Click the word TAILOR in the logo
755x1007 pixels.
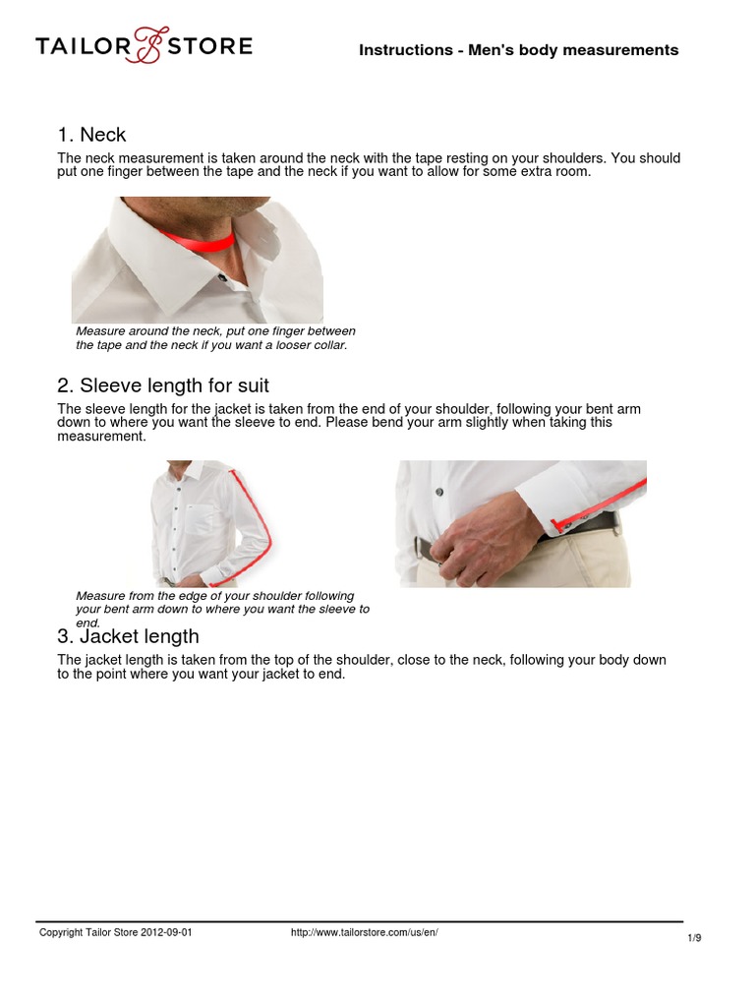(84, 46)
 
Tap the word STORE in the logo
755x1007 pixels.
(210, 46)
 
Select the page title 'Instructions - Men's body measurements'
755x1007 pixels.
(519, 50)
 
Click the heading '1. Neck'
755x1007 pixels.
(91, 135)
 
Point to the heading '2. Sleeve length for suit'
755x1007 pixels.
(163, 385)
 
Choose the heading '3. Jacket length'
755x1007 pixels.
(129, 636)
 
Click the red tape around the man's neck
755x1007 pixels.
(197, 244)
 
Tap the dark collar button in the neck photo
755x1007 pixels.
(223, 278)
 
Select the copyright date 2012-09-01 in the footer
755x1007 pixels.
(166, 932)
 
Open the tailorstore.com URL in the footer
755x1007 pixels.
(364, 932)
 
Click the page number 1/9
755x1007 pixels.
(695, 938)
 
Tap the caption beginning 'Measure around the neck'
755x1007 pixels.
(215, 338)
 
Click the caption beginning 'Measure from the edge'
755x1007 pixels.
(223, 609)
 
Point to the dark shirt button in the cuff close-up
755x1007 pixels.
(439, 492)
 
